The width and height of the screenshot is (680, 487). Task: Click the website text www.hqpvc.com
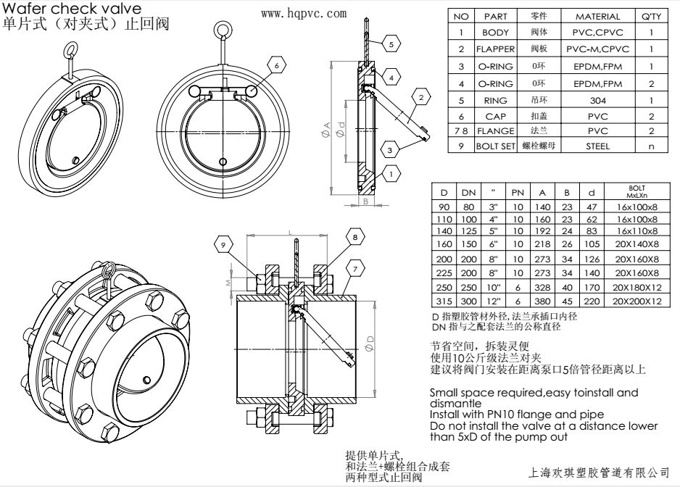[x=302, y=14]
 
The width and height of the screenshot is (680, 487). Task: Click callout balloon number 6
[x=276, y=64]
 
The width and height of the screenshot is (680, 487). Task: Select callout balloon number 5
[x=391, y=44]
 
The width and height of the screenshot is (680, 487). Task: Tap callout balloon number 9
[x=223, y=245]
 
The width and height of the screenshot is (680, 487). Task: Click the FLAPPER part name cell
[x=495, y=49]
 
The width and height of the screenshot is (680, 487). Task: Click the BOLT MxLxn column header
[x=637, y=192]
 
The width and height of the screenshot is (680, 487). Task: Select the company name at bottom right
[x=600, y=472]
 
